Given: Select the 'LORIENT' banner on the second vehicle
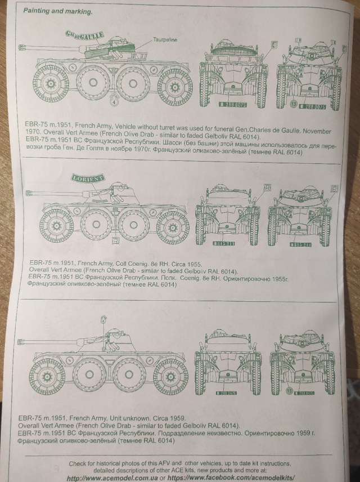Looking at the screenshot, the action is pos(88,178).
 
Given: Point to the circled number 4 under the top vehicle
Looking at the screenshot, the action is pos(115,102).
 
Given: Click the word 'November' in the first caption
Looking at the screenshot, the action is pos(314,131).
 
